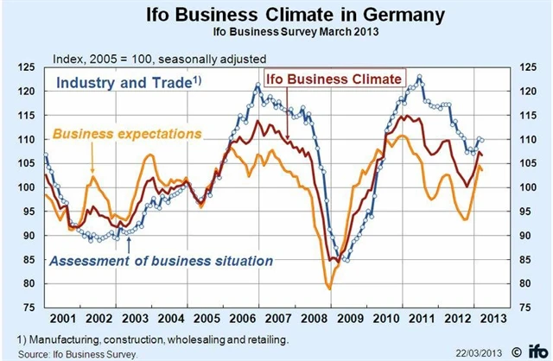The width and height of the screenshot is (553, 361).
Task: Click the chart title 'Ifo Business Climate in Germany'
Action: [276, 15]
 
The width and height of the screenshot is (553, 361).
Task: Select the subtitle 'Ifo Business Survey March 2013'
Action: [276, 33]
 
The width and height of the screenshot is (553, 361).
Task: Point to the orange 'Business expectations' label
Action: [128, 134]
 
